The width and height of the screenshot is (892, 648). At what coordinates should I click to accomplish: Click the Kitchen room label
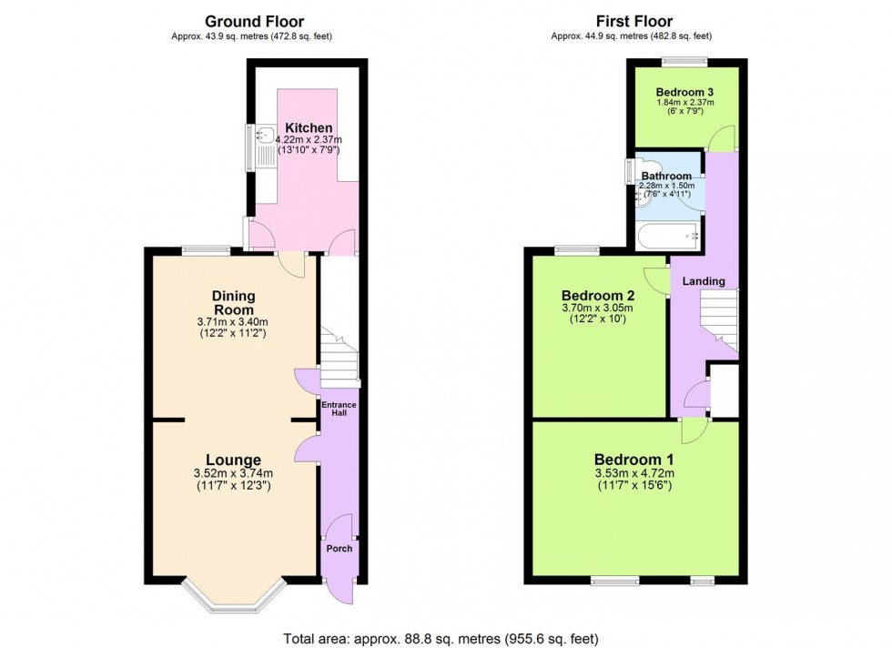coord(309,127)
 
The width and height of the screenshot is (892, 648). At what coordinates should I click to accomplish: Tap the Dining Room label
coord(234,303)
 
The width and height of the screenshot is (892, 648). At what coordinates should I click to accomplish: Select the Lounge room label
coord(234,461)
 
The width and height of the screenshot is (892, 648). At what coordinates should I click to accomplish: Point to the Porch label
coord(339,548)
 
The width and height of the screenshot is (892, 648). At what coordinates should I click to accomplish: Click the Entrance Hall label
coord(339,409)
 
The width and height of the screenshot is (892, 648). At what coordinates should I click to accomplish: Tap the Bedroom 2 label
coord(597,296)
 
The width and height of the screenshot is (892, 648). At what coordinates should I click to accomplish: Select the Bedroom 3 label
coord(685,92)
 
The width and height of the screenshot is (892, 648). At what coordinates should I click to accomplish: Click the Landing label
coord(704,281)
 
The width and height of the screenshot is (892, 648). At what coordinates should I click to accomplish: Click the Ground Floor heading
coord(254,21)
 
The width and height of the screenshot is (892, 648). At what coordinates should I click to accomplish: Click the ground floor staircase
coord(339,357)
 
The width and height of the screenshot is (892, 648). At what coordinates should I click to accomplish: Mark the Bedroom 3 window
coord(684,61)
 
